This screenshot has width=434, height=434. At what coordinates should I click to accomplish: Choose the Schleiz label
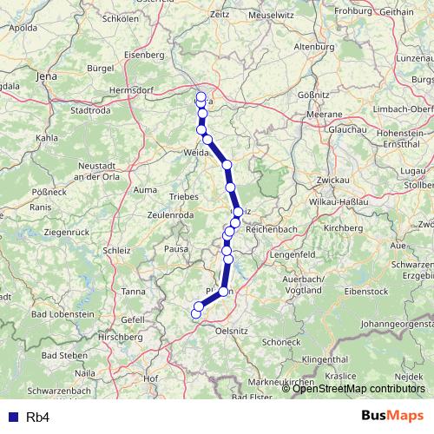[x=116, y=250]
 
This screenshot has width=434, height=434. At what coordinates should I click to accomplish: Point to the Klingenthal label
[x=325, y=358]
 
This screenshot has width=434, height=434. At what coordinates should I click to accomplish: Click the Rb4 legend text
[x=37, y=418]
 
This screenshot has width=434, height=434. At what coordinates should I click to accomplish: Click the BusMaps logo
[x=392, y=416]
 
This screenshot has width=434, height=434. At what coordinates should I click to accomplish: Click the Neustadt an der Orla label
[x=102, y=171]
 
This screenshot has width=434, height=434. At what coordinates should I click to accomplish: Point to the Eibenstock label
[x=368, y=292]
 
